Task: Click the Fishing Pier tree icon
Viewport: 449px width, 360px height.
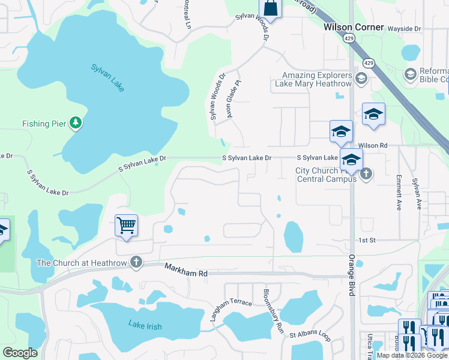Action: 75,124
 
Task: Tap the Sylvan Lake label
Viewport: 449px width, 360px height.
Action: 108,77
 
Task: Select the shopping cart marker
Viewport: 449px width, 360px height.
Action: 126,226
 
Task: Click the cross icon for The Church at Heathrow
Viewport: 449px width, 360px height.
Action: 136,262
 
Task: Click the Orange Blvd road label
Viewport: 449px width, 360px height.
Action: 352,274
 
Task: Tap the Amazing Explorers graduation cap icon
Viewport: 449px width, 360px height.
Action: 361,79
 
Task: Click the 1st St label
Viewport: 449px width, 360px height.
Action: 367,240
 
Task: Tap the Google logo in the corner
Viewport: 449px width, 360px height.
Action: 20,353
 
